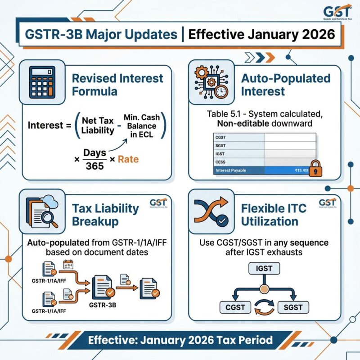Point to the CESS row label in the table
click(x=220, y=161)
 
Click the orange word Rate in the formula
click(x=128, y=159)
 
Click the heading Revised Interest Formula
click(x=117, y=85)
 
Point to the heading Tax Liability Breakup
click(x=106, y=215)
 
